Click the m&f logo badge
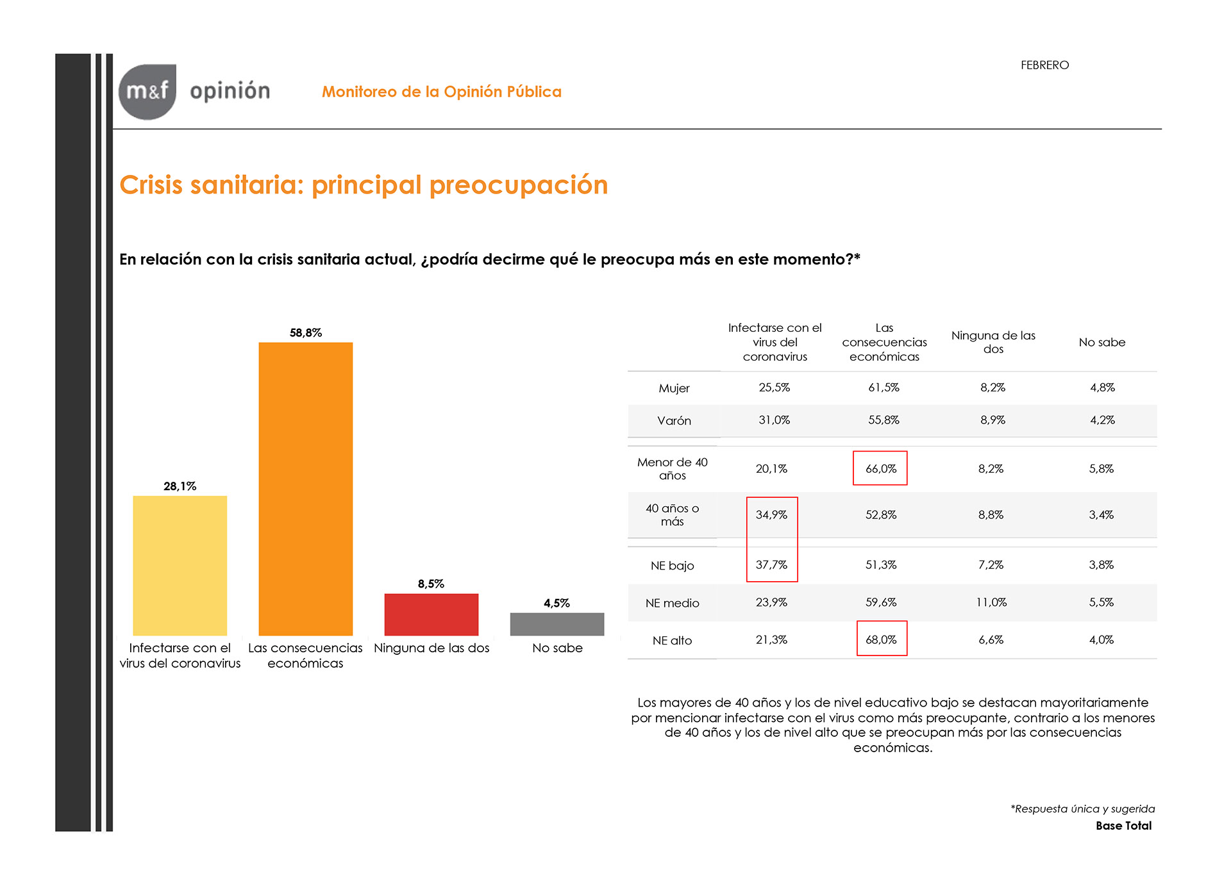point(147,92)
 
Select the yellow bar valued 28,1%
point(180,566)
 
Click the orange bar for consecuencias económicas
point(305,489)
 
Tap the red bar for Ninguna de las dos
point(431,614)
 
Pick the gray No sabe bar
point(557,624)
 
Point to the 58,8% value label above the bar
point(306,333)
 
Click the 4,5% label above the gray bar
point(557,603)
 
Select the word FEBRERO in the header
point(1044,65)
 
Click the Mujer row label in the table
point(674,388)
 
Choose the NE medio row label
point(672,603)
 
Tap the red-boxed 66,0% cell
point(881,468)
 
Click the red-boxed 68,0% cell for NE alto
point(882,639)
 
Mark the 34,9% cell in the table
point(771,514)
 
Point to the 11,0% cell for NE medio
point(991,602)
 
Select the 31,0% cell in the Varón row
point(774,420)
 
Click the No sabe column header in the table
point(1101,342)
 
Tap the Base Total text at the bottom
point(1123,826)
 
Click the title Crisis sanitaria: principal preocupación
point(364,185)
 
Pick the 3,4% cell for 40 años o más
point(1101,514)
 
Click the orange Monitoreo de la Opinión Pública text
point(442,92)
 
